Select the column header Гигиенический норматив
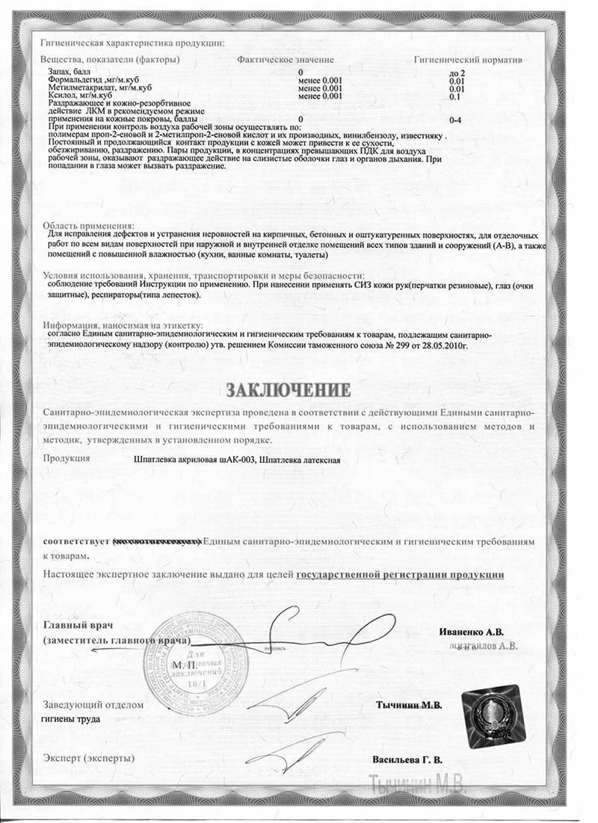click(468, 58)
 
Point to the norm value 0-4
click(455, 120)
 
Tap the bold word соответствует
click(75, 540)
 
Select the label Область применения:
click(88, 226)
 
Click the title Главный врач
click(75, 625)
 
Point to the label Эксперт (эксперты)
click(89, 758)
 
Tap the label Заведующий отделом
click(92, 705)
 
